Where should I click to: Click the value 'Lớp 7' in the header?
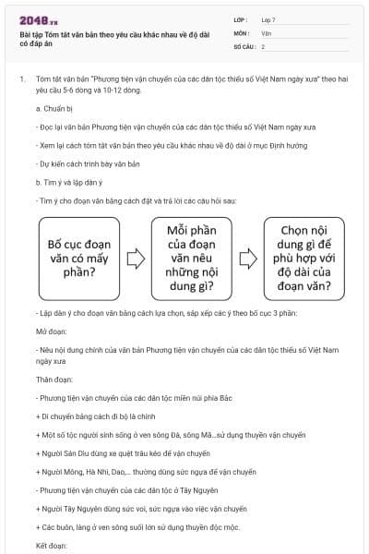pos(270,18)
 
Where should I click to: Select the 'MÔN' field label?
pos(241,32)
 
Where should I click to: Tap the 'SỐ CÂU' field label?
pos(244,45)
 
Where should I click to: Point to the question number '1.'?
pos(21,80)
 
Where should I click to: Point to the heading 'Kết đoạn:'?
pos(53,547)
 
